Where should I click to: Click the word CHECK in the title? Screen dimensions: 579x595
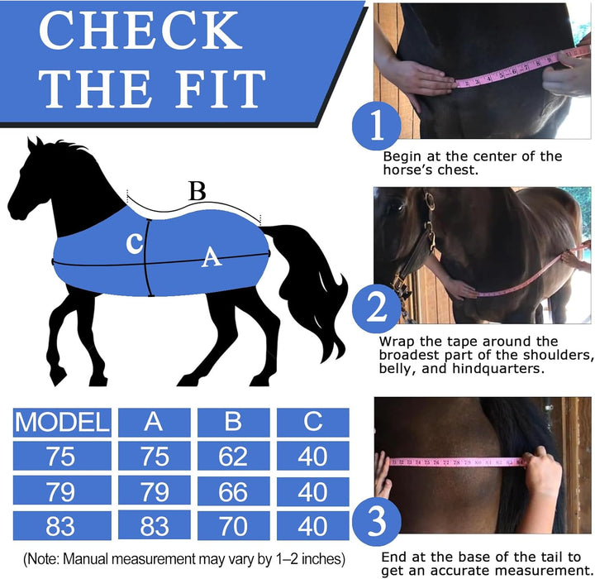point(140,31)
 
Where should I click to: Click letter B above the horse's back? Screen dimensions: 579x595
point(197,191)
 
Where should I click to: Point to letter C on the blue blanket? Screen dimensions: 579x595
point(133,243)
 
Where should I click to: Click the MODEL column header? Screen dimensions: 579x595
point(62,422)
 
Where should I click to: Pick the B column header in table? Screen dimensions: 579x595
point(233,422)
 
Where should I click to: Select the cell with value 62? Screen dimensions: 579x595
point(233,456)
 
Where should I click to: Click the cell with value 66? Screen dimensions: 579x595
point(233,490)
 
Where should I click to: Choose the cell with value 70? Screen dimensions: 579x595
point(233,525)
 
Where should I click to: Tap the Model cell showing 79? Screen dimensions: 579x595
point(62,490)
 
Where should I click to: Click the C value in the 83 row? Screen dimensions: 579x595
point(312,525)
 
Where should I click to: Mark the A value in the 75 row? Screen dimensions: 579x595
point(154,456)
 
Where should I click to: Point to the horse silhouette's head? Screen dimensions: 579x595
point(33,182)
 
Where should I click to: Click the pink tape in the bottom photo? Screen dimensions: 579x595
point(455,463)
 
